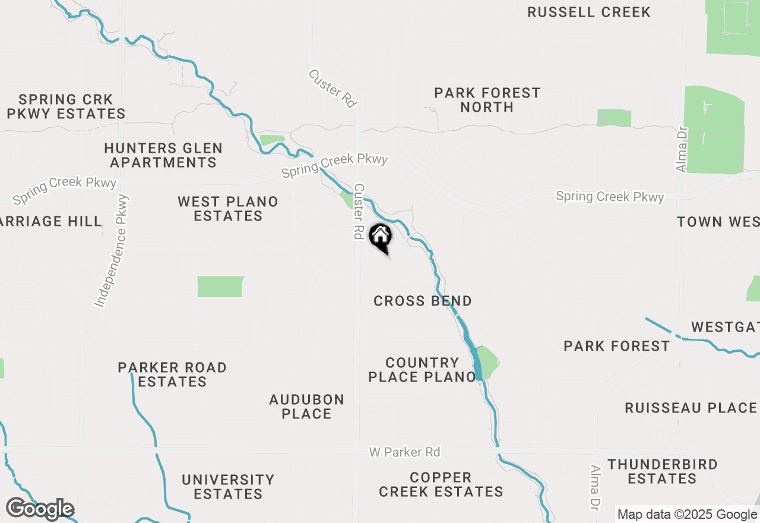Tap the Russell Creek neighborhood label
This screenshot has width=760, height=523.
588,12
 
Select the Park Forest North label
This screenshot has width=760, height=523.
487,100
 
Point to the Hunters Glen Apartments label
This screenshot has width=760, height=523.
163,155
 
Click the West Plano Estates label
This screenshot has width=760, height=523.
228,209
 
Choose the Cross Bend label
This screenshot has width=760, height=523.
422,301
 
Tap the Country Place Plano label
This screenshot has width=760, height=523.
422,370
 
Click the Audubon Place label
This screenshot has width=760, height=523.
306,407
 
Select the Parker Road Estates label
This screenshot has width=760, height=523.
172,374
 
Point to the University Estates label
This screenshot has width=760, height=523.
228,487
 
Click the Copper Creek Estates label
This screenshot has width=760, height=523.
441,484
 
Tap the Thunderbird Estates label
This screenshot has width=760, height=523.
662,471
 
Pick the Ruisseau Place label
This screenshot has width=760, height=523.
691,408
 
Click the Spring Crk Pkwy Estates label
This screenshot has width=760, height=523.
65,106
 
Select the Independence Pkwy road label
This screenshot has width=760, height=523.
111,250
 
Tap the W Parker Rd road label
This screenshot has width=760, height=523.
404,452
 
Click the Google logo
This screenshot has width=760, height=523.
40,509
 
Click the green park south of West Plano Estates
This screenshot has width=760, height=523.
220,286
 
